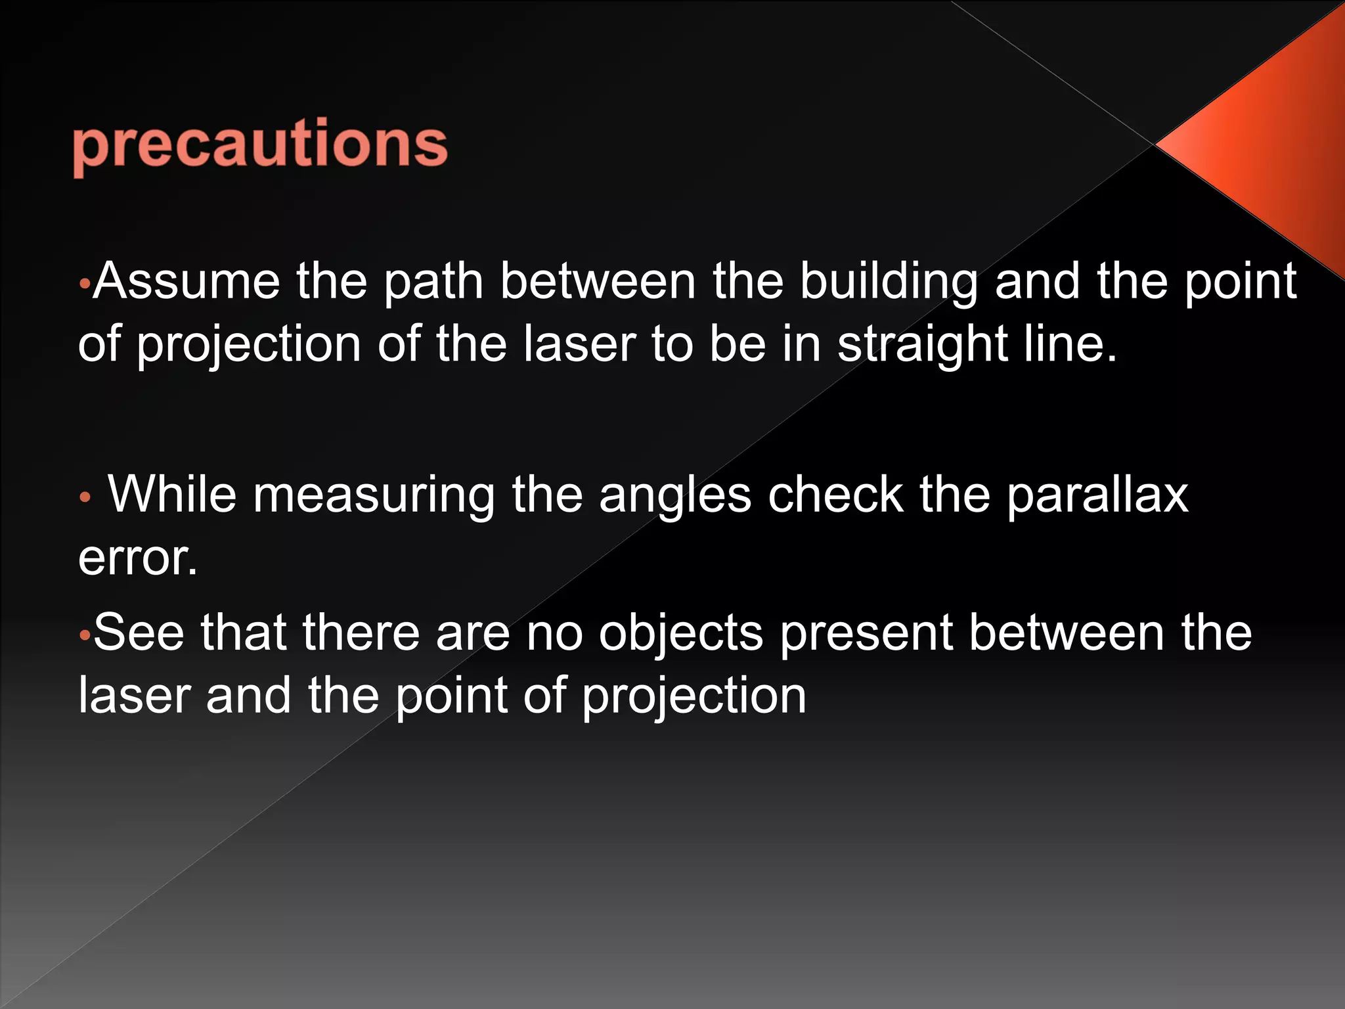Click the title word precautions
tap(260, 145)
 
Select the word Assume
tap(186, 282)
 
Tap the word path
tap(433, 282)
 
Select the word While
tap(172, 495)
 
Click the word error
tap(137, 558)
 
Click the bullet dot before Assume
tap(83, 284)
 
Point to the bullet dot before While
tap(83, 498)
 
